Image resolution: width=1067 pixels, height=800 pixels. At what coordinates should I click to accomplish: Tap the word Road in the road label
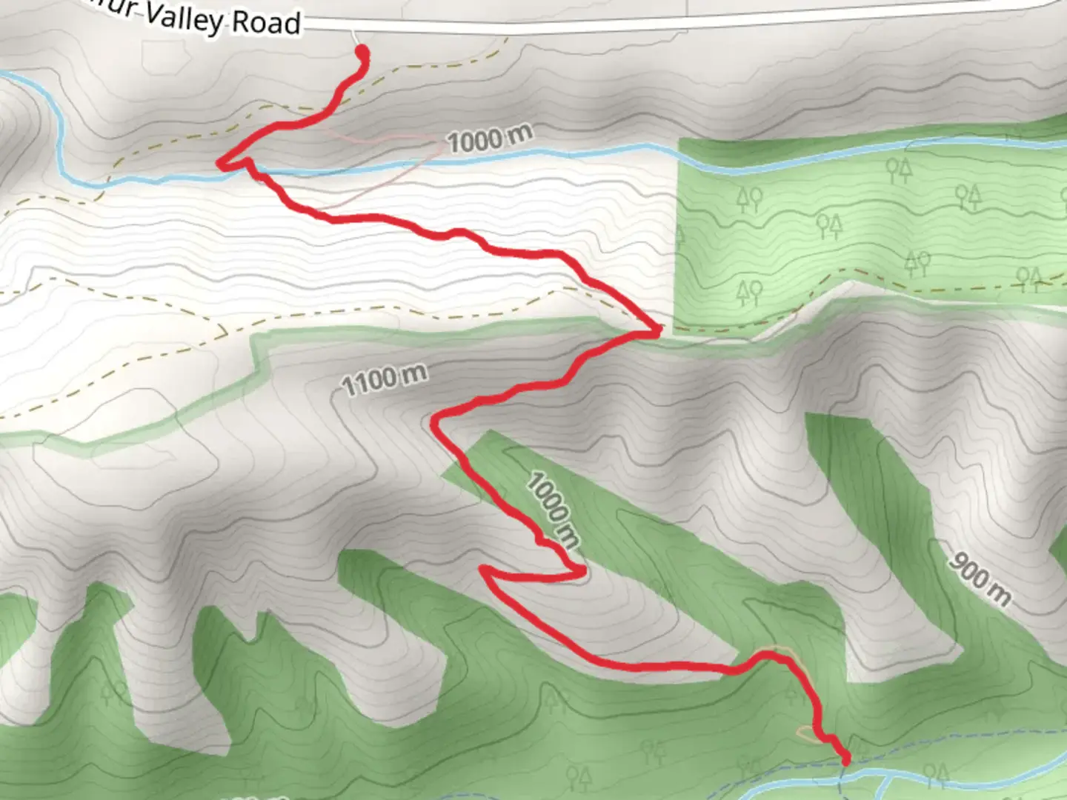click(x=266, y=23)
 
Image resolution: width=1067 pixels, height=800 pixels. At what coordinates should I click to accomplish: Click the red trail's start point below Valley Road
click(x=362, y=52)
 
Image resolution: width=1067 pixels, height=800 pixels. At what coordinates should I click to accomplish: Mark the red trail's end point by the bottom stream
click(x=845, y=759)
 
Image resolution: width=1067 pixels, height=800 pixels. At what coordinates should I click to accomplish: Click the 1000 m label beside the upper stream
click(x=490, y=139)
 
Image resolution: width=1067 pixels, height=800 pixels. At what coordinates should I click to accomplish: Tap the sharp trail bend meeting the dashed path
click(x=655, y=331)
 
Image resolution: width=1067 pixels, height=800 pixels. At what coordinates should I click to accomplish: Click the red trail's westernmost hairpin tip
click(x=220, y=163)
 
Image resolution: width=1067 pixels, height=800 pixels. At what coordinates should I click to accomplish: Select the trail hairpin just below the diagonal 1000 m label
click(x=582, y=571)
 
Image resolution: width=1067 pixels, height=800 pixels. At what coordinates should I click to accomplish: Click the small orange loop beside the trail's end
click(x=806, y=733)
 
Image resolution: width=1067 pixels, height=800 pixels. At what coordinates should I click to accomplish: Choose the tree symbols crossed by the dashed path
click(x=1029, y=278)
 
